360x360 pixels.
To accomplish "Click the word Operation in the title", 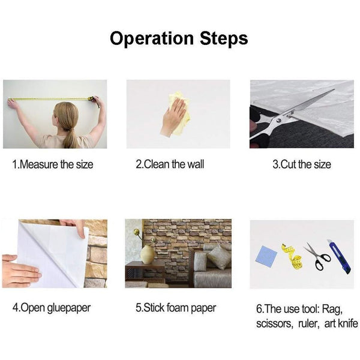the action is pyautogui.click(x=152, y=38).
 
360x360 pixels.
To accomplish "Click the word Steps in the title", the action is pyautogui.click(x=224, y=38).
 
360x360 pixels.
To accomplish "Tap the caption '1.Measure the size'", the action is pyautogui.click(x=53, y=164).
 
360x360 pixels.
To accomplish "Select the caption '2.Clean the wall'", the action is pyautogui.click(x=170, y=164).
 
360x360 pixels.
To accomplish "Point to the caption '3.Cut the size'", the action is pyautogui.click(x=302, y=164).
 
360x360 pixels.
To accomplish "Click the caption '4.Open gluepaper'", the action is pyautogui.click(x=52, y=308).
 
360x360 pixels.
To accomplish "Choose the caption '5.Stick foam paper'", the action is pyautogui.click(x=176, y=308).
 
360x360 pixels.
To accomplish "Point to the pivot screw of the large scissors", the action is pyautogui.click(x=279, y=120).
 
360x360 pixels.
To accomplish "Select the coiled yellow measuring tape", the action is pyautogui.click(x=292, y=256).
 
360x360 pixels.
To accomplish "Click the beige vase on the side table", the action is pyautogui.click(x=147, y=254).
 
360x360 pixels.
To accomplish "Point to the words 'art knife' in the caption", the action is pyautogui.click(x=341, y=324).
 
